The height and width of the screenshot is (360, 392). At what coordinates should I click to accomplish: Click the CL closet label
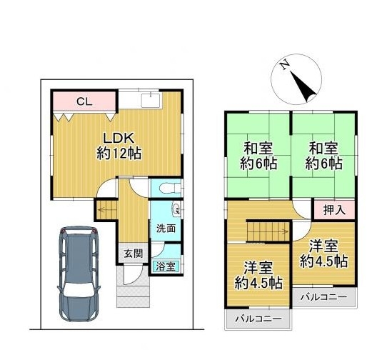84,101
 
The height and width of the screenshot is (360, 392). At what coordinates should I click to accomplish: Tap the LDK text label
119,138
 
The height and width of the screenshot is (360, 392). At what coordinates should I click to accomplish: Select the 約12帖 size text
119,153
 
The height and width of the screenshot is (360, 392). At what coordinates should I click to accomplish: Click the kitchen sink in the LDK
151,100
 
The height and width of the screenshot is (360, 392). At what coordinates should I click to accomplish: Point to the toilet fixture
171,187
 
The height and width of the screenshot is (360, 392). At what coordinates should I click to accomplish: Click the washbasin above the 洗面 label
176,209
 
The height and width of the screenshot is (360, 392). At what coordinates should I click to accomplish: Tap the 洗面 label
166,229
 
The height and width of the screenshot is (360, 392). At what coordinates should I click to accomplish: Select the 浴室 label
166,266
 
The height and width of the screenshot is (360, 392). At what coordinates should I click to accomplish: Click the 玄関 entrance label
134,254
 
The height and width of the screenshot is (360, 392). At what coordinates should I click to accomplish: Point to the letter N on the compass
284,66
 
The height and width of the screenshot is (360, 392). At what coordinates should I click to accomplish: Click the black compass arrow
303,86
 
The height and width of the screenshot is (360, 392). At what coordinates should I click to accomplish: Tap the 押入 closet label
334,210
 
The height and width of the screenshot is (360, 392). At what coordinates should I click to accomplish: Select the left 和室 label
258,148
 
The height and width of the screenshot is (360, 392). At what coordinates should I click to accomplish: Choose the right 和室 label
323,148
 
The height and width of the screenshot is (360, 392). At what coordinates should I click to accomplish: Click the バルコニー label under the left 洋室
258,319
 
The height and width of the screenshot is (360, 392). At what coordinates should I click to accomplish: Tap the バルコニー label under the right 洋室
323,297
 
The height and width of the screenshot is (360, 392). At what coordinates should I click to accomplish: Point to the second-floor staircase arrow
267,231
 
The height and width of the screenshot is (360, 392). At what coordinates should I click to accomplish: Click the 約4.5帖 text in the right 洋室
323,261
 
